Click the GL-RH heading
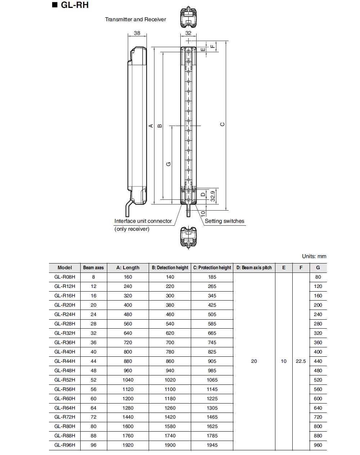[74, 5]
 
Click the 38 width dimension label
[137, 33]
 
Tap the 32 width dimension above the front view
[188, 33]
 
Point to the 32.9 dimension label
[213, 196]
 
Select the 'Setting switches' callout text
[224, 221]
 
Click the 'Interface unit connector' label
[143, 221]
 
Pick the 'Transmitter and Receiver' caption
[135, 19]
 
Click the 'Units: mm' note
[314, 256]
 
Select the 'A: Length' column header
[128, 268]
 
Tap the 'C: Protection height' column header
[212, 268]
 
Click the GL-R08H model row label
[65, 277]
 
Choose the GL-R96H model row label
[65, 445]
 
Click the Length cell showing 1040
[128, 380]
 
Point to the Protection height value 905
[212, 361]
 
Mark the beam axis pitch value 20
[254, 361]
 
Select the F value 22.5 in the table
[301, 361]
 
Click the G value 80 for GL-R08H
[318, 277]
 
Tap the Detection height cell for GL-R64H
[170, 408]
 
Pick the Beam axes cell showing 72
[94, 417]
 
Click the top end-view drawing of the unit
[188, 17]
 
